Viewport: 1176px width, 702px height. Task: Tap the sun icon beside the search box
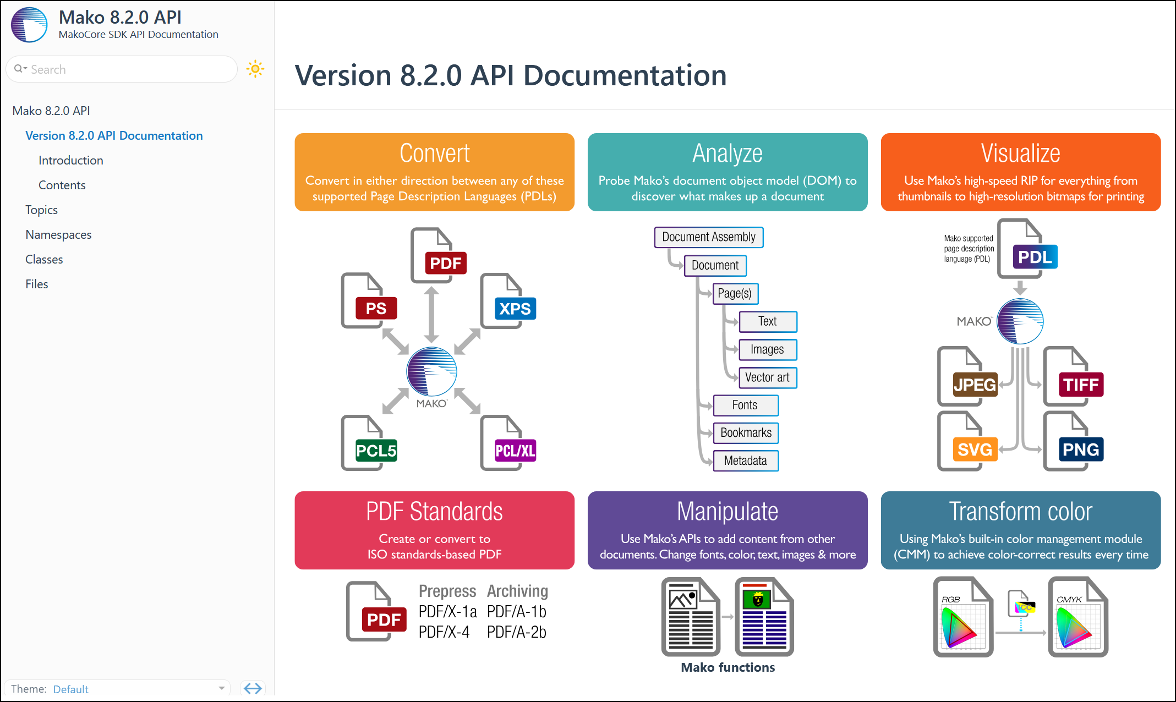(255, 69)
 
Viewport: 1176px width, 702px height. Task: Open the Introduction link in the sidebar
(71, 160)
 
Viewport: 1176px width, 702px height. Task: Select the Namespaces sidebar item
(58, 234)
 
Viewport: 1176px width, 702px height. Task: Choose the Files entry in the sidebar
(37, 284)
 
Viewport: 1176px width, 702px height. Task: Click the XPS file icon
(507, 301)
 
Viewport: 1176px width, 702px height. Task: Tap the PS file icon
(368, 301)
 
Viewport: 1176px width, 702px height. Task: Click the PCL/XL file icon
(507, 443)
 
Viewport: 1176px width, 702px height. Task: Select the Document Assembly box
(708, 237)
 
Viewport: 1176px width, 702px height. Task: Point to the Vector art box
(767, 377)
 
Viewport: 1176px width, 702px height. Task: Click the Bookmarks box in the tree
(746, 433)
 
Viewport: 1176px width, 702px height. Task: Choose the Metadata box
(746, 461)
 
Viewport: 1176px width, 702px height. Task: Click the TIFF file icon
(1073, 377)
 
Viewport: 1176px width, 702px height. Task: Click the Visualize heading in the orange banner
(1020, 153)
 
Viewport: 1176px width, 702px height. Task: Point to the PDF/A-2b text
(517, 632)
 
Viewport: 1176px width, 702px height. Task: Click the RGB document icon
(963, 617)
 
